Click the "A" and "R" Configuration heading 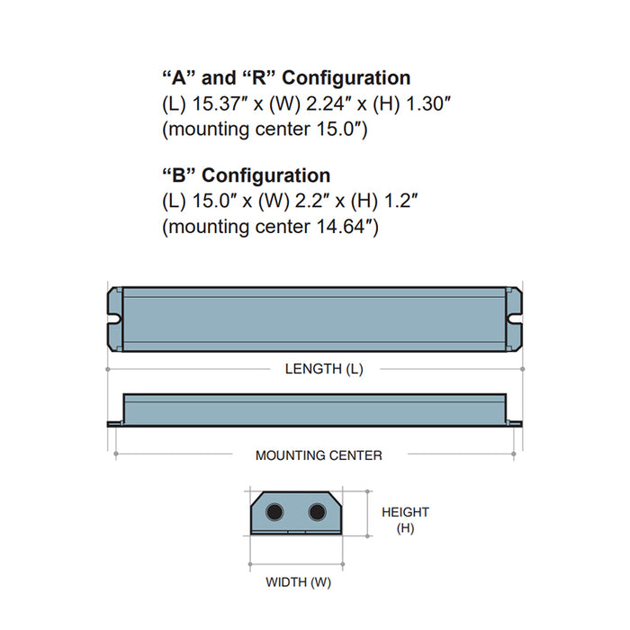286,78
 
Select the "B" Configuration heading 246,175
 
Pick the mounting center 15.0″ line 265,129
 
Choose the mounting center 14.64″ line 270,227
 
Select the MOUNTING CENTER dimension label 319,455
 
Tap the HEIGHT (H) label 405,519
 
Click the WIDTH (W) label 298,582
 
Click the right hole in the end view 317,512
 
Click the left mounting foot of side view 115,424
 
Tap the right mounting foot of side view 516,424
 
